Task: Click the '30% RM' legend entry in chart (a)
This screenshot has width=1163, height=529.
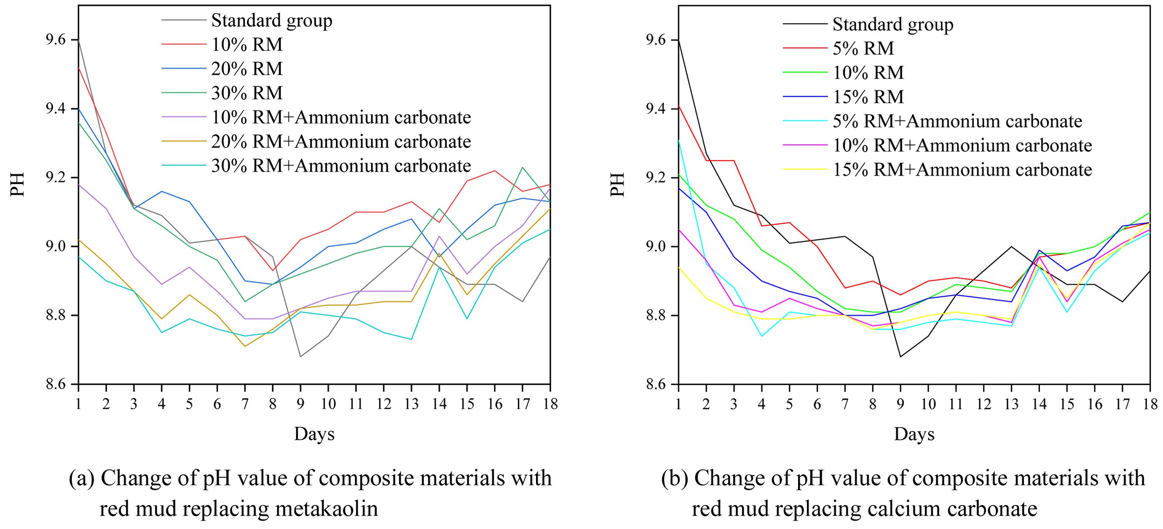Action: click(247, 93)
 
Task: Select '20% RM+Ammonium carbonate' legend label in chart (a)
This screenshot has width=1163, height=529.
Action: click(341, 142)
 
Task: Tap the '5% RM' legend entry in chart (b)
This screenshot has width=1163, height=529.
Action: click(863, 48)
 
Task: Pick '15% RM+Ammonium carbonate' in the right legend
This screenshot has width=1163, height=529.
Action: click(962, 170)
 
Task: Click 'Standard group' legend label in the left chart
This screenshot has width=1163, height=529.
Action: click(271, 20)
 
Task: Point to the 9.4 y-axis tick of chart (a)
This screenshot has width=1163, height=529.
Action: click(55, 109)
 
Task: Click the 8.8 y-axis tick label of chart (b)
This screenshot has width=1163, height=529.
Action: click(656, 315)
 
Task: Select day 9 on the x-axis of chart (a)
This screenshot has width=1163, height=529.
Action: click(300, 403)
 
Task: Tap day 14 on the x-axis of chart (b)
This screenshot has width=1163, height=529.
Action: click(1039, 403)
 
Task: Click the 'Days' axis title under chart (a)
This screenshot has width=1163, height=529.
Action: click(314, 434)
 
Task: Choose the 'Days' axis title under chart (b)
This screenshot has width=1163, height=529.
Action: click(914, 434)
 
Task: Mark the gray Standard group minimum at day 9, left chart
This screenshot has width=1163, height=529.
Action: click(300, 357)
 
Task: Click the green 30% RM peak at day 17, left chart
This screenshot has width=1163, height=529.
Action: click(523, 168)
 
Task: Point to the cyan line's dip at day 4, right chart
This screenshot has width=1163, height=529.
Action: click(762, 336)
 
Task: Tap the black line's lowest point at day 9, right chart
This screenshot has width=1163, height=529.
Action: click(900, 357)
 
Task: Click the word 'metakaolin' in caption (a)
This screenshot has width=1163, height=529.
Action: click(327, 509)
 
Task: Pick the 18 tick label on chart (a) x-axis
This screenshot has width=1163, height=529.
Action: click(550, 403)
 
